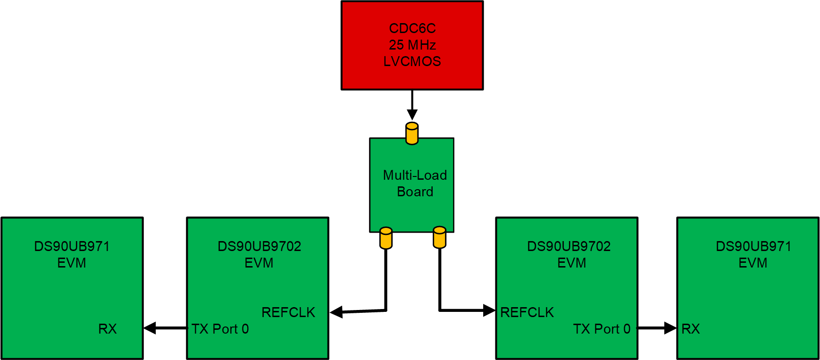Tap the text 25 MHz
tap(412, 45)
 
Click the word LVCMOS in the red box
tap(412, 61)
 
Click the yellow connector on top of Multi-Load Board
tap(412, 134)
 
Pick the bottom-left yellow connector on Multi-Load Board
tap(386, 238)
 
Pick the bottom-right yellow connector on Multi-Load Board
tap(439, 237)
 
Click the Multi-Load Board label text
tap(415, 183)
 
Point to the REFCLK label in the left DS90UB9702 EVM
tap(288, 312)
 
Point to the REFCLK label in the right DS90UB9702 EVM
tap(527, 312)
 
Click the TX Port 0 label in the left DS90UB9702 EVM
tap(220, 329)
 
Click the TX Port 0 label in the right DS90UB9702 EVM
tap(602, 329)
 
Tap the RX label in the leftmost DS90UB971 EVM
tap(107, 329)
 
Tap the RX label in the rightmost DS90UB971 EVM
tap(690, 329)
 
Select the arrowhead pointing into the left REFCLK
tap(336, 312)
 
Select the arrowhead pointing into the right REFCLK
tap(489, 310)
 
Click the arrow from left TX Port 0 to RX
tap(165, 328)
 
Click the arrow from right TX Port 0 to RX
tap(657, 328)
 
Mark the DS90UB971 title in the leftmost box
tap(72, 246)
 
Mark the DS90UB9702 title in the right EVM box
tap(569, 246)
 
